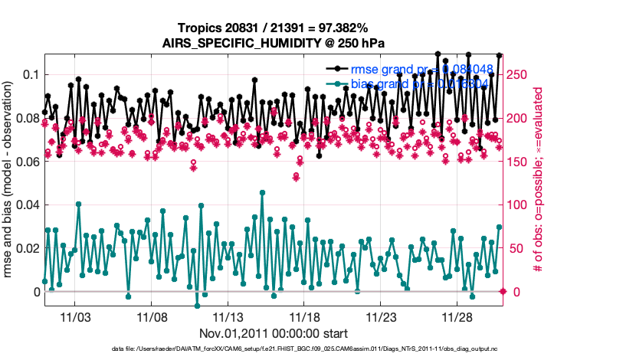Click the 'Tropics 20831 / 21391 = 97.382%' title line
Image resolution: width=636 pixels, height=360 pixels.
click(273, 28)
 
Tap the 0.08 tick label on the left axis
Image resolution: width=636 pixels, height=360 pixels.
click(26, 118)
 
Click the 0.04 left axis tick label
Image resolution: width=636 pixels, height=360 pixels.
click(26, 205)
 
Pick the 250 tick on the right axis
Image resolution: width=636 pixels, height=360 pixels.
click(518, 74)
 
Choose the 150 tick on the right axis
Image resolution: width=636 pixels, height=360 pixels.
click(518, 162)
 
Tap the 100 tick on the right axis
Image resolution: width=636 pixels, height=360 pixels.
click(518, 205)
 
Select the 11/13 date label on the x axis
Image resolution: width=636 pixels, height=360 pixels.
click(228, 317)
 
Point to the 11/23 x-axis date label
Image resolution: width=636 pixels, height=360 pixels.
click(381, 317)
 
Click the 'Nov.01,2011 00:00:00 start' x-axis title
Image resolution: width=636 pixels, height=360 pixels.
click(274, 333)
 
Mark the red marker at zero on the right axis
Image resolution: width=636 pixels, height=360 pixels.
click(503, 292)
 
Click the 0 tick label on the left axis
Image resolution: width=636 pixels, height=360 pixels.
click(35, 292)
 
